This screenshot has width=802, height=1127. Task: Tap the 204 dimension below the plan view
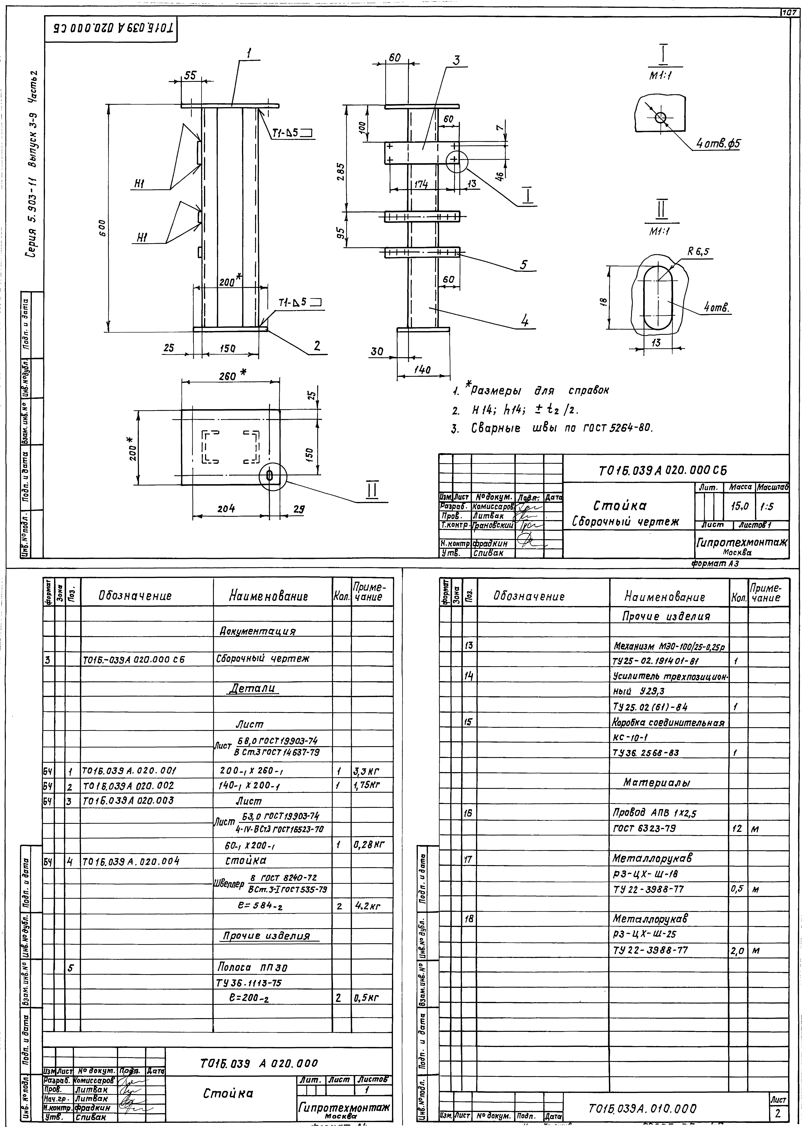tap(226, 508)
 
